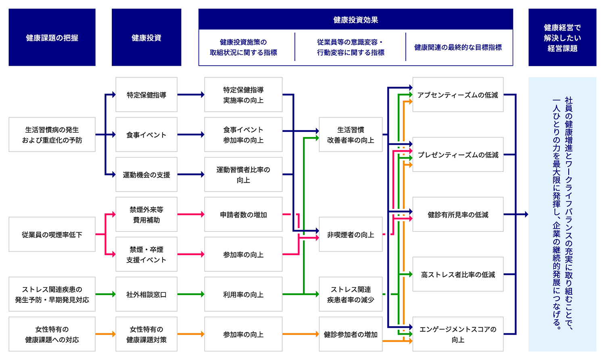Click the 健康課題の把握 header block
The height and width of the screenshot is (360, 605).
(x=52, y=37)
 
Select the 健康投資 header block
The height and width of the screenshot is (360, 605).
(x=146, y=37)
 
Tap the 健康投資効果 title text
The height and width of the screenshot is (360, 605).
(x=355, y=20)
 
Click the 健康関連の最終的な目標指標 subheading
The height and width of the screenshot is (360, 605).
(x=458, y=47)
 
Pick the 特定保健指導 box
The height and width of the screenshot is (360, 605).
(x=146, y=95)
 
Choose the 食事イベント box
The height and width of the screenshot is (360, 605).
(x=146, y=135)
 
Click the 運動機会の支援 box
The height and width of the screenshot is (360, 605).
(x=146, y=175)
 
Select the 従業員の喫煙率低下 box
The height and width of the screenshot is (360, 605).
(x=52, y=234)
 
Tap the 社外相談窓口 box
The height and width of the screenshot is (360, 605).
(x=146, y=294)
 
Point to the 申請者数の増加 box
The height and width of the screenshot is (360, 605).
(x=243, y=214)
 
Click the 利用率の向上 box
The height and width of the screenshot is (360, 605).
(x=243, y=294)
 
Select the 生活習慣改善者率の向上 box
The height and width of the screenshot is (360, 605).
(x=350, y=135)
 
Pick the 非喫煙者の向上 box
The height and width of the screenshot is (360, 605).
(x=350, y=234)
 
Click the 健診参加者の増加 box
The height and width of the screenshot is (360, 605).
(x=350, y=334)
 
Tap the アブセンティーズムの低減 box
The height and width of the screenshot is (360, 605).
(x=458, y=95)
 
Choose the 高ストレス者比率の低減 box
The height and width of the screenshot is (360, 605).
(x=458, y=274)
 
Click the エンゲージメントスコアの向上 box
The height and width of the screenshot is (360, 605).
(x=458, y=334)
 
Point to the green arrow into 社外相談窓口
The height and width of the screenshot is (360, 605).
(x=106, y=294)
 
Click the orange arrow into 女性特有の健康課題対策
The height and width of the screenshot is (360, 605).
(x=106, y=334)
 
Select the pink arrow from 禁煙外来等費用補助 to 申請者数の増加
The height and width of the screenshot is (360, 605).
(x=191, y=214)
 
